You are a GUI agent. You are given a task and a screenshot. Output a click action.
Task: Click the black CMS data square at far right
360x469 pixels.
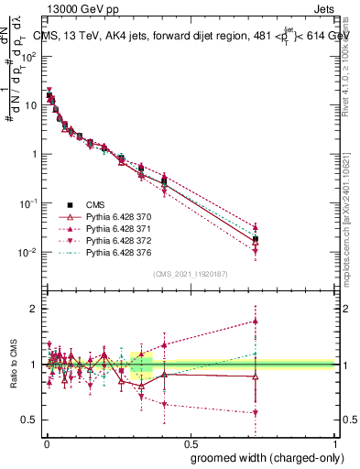[255, 239]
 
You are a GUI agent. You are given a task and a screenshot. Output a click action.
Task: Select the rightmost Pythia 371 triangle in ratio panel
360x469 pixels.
[255, 321]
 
